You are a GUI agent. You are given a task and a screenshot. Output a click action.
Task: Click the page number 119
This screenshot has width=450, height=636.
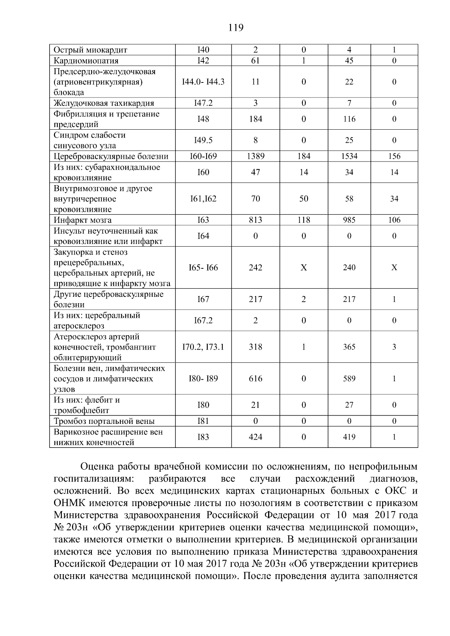coord(235,28)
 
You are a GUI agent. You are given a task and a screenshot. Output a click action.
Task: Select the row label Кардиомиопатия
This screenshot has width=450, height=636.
coord(86,61)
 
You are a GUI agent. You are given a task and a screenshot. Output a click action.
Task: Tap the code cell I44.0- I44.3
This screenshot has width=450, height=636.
coord(203,82)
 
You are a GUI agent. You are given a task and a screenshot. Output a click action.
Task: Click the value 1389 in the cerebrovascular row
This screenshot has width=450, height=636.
coord(255,156)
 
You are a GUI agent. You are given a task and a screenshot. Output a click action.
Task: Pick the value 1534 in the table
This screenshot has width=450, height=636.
coord(349,156)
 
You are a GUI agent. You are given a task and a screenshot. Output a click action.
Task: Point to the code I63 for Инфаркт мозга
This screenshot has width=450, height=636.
coord(203,220)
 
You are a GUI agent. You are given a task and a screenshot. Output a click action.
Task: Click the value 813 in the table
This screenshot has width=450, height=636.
coord(255,220)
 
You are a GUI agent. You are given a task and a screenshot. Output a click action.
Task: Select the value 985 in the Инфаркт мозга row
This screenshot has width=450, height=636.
coord(349,220)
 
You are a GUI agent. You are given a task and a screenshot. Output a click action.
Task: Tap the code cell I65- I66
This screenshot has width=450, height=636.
coord(203,268)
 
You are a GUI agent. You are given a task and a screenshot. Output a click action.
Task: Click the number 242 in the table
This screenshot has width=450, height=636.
coord(255,268)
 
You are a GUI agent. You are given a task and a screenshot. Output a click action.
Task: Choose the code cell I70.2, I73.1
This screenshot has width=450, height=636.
coord(203,347)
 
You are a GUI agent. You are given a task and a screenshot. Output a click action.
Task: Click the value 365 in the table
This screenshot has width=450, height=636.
coord(349,347)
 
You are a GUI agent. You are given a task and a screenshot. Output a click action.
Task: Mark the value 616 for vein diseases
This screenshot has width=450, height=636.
coord(255,379)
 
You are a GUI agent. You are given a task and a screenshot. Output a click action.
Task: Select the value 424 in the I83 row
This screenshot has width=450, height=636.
coord(255,437)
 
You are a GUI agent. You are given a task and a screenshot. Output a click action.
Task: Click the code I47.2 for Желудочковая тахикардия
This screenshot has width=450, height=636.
coord(203,103)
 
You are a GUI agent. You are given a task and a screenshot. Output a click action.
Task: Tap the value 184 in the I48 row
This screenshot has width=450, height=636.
coord(255,119)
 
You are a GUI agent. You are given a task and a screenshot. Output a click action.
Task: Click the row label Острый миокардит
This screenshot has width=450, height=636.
coord(90,50)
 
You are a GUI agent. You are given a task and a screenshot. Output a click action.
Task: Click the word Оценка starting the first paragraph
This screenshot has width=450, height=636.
coord(97,467)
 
